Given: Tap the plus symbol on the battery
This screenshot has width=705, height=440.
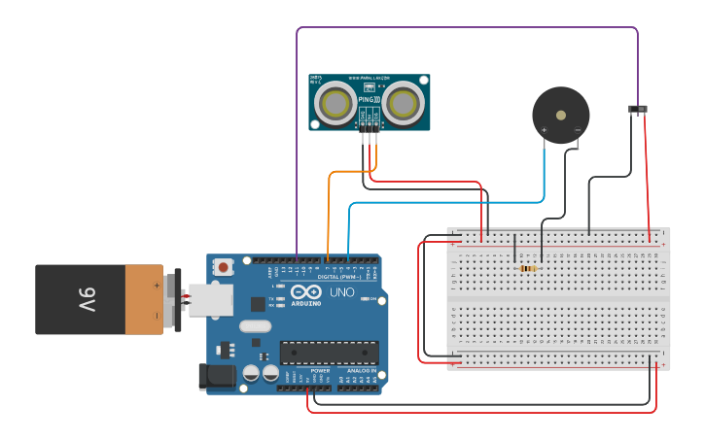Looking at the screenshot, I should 157,286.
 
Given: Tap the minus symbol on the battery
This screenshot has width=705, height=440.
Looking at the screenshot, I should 157,315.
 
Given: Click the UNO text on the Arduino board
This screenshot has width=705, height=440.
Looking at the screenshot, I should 342,291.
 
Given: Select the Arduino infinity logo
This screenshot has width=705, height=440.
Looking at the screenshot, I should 306,291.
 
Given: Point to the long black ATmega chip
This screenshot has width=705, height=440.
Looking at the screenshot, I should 329,352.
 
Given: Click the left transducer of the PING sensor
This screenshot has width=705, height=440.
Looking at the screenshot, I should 335,102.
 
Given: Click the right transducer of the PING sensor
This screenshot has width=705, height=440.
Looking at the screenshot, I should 403,102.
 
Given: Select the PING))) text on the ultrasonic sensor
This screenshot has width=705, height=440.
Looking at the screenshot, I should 369,99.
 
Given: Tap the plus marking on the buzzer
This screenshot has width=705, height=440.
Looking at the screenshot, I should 545,129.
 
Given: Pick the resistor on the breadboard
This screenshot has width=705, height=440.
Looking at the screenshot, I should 528,268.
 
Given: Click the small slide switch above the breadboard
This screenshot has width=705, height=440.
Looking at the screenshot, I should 638,108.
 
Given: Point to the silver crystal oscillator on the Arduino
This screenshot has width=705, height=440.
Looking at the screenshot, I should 255,326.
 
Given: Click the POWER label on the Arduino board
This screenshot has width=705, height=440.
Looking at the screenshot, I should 320,370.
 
